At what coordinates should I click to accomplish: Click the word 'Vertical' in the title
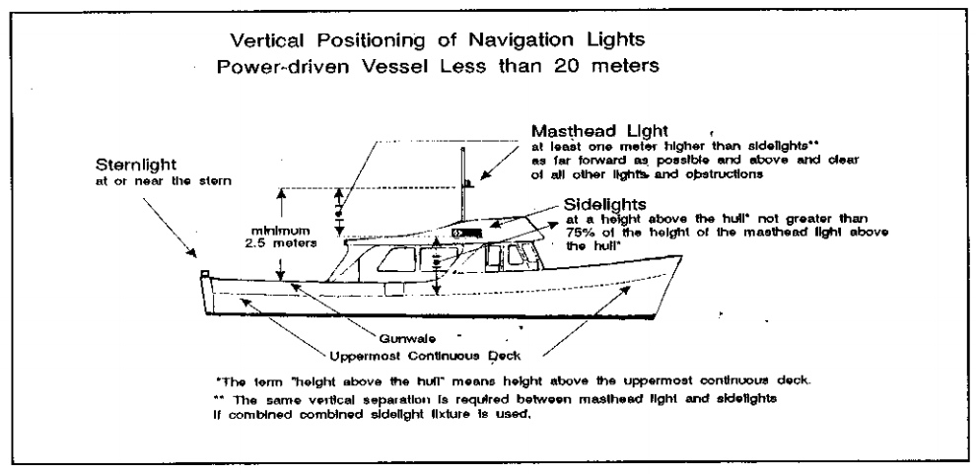(266, 41)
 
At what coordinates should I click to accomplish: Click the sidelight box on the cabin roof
(464, 234)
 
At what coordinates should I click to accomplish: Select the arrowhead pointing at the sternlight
(192, 258)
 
